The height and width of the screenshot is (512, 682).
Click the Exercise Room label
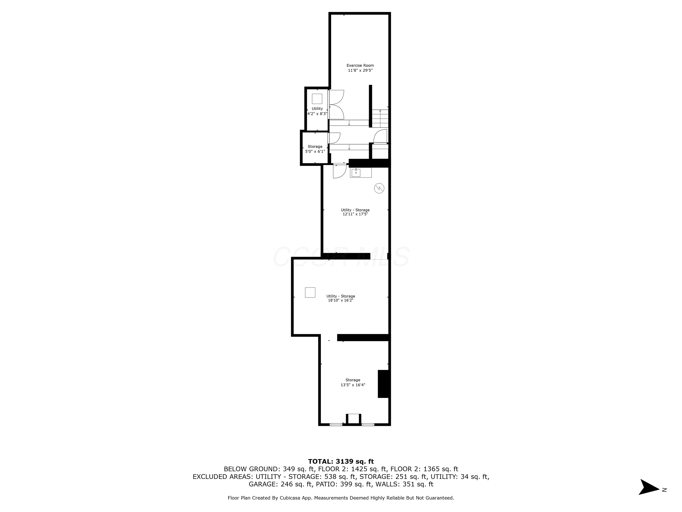(360, 65)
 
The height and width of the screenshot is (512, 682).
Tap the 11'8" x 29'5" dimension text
(360, 70)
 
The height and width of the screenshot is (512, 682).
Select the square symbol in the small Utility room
(317, 99)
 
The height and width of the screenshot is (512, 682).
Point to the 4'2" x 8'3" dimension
(317, 113)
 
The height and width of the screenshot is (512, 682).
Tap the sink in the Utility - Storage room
(356, 173)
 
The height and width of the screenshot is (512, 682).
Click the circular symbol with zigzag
(379, 188)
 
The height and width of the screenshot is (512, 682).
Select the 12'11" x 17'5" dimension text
(355, 214)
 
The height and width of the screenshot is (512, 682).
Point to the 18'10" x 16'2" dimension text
(340, 300)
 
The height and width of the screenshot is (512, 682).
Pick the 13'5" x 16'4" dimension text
(353, 385)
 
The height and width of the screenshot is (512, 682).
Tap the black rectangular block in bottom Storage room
(384, 384)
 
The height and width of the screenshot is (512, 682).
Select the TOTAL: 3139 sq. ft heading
(341, 461)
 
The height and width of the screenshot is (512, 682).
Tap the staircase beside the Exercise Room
(380, 118)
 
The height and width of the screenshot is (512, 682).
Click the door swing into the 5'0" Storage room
(334, 138)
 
